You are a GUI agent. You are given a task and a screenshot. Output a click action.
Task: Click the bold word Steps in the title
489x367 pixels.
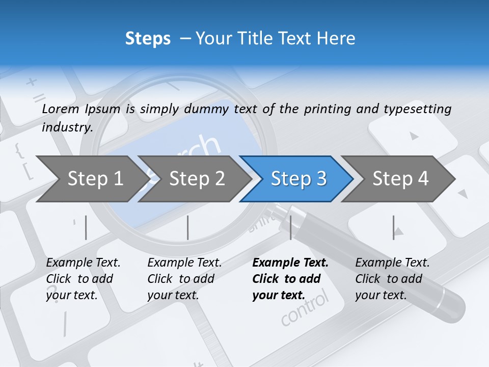148,38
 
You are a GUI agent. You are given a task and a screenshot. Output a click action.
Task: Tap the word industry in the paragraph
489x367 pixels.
67,127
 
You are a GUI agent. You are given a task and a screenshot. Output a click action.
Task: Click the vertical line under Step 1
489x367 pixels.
86,227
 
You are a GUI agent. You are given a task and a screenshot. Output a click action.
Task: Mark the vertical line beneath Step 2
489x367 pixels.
187,227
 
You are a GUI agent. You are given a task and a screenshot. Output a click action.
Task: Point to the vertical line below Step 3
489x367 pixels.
290,227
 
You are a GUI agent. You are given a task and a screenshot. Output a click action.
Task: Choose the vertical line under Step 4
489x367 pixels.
393,227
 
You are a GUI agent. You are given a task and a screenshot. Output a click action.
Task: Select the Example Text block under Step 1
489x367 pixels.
83,278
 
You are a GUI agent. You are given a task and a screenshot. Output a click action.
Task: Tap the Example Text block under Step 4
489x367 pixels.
392,278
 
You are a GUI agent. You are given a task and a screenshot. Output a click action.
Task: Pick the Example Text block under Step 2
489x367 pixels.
184,278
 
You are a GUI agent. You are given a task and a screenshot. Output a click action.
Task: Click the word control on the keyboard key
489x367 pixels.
305,309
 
